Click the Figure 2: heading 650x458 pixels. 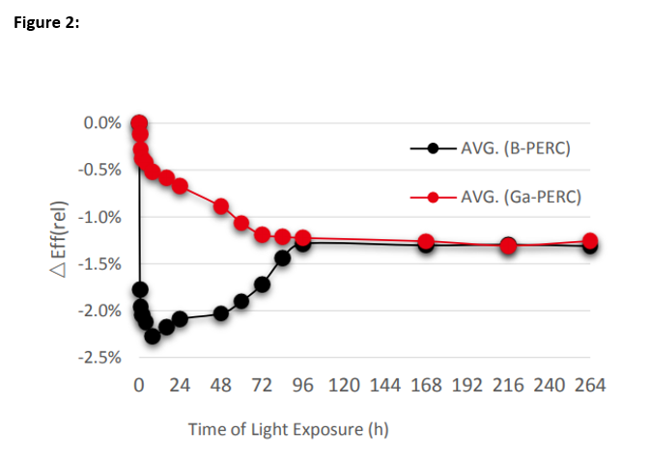click(46, 23)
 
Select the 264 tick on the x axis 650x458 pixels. click(590, 386)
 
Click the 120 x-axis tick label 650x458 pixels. click(344, 386)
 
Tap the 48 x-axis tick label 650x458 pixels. click(221, 386)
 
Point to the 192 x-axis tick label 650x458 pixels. click(466, 386)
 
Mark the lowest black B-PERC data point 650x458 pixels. click(152, 336)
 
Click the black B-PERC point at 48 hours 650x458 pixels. click(221, 312)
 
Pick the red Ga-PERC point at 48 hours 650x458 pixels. click(221, 206)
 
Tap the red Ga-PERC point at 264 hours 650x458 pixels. click(590, 241)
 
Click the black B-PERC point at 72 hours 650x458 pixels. click(262, 284)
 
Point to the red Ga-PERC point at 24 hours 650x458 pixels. click(180, 185)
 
